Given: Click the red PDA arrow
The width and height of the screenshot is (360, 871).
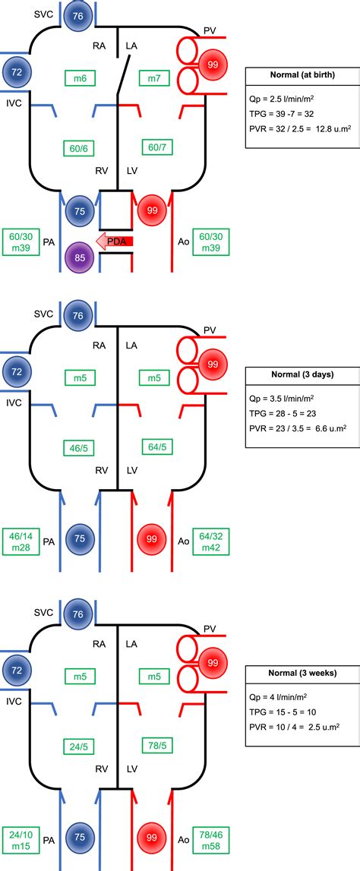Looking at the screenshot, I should tap(115, 241).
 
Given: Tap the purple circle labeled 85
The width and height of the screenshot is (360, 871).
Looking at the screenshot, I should tap(80, 257).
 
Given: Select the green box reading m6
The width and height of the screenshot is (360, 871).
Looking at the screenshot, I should tap(80, 78).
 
